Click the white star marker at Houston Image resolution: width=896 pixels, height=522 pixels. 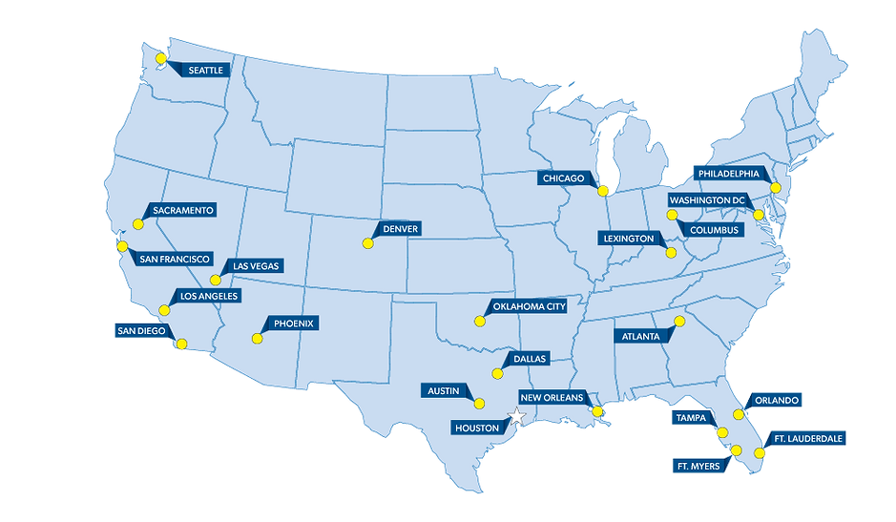pos(516,416)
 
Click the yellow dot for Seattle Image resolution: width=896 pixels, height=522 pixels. pos(161,58)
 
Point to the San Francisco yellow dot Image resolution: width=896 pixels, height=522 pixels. pos(122,246)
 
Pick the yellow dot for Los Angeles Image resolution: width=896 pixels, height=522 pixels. pos(164,310)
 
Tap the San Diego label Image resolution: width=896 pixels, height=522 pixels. pos(141,331)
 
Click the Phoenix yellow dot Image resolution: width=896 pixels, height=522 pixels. pos(256,338)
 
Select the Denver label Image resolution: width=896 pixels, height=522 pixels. pos(401,229)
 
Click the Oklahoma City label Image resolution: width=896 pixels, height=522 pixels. pos(529,307)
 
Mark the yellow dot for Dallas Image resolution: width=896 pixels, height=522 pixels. pos(496,372)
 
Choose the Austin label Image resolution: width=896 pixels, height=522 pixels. pos(444,390)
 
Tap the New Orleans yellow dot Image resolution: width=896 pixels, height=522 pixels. pos(597,411)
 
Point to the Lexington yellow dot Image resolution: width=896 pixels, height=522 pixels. pos(670,252)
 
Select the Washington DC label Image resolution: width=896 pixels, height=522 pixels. pos(706,200)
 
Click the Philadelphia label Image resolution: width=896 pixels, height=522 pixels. pos(729,175)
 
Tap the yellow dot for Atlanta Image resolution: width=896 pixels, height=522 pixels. pos(679,321)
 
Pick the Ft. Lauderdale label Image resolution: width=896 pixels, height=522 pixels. pos(808,439)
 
